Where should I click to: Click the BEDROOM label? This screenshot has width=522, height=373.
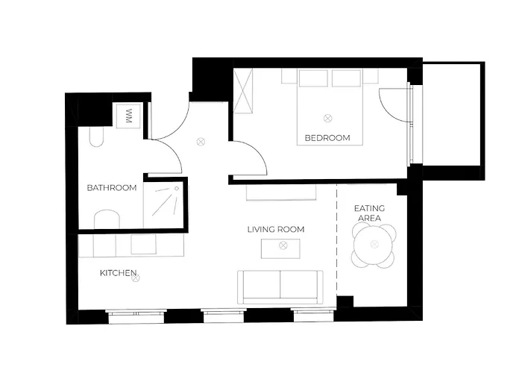[x=327, y=138]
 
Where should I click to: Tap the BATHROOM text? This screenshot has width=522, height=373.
[x=112, y=188]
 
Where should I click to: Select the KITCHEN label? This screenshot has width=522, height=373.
[x=118, y=273]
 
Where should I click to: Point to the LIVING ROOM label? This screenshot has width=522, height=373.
[x=276, y=230]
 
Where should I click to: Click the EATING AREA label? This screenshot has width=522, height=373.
[x=369, y=213]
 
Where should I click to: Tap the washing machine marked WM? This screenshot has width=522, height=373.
[x=128, y=116]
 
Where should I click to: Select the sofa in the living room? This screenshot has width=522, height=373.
[x=280, y=286]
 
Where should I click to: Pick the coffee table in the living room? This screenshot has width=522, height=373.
[x=280, y=248]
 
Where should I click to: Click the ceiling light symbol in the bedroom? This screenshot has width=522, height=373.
[x=328, y=118]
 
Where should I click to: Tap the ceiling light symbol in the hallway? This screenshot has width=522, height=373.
[x=201, y=142]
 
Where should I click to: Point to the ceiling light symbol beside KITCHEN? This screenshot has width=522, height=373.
[x=136, y=278]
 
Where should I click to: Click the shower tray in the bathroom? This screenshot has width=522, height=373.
[x=163, y=204]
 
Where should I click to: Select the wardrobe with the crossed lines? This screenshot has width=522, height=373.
[x=243, y=90]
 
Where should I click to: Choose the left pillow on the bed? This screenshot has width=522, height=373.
[x=313, y=78]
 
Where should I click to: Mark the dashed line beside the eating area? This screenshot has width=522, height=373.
[x=337, y=239]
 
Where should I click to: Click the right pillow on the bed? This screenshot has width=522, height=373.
[x=346, y=78]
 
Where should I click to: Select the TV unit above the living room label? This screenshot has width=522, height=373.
[x=281, y=192]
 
